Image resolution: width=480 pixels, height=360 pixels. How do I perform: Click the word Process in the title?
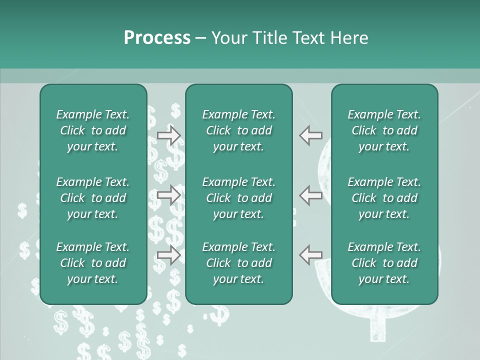[x=157, y=38]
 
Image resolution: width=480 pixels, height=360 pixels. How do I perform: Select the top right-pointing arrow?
[x=169, y=135]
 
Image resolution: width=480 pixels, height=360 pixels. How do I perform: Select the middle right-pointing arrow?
[x=169, y=195]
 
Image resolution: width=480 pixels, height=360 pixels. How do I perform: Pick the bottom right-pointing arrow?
[x=169, y=254]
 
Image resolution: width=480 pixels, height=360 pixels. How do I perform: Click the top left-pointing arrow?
[x=311, y=135]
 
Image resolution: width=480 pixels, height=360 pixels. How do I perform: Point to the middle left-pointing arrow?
[x=311, y=195]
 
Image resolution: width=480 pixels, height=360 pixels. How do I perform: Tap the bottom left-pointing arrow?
[x=311, y=254]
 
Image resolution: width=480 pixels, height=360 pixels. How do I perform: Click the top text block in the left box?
[x=93, y=130]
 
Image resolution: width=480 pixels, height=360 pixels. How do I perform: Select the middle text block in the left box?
[x=93, y=198]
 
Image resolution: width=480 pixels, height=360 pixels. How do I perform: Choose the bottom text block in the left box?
[x=93, y=263]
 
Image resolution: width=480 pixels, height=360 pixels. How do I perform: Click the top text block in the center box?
[x=238, y=130]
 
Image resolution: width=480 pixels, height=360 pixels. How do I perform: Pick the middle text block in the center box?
[x=238, y=198]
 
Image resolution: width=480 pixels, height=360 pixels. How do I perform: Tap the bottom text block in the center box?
[x=238, y=263]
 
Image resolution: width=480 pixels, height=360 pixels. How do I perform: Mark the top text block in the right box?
[x=384, y=130]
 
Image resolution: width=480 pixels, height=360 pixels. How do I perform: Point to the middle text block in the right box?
[x=384, y=198]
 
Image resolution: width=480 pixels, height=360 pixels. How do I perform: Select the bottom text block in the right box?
[x=384, y=263]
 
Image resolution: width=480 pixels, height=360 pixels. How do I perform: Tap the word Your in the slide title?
[x=228, y=38]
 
